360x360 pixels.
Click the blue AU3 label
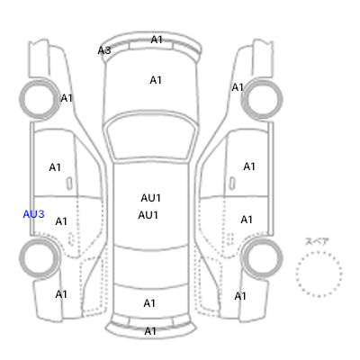[x=33, y=214]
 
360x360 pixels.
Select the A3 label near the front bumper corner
[x=104, y=50]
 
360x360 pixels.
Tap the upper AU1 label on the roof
[x=150, y=198]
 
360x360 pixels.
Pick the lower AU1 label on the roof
[x=148, y=215]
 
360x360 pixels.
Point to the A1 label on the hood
[x=156, y=80]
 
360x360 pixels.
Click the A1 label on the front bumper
[x=157, y=40]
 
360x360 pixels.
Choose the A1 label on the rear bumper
[x=150, y=331]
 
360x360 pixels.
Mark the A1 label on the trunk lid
[x=149, y=303]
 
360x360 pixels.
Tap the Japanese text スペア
[x=317, y=241]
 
